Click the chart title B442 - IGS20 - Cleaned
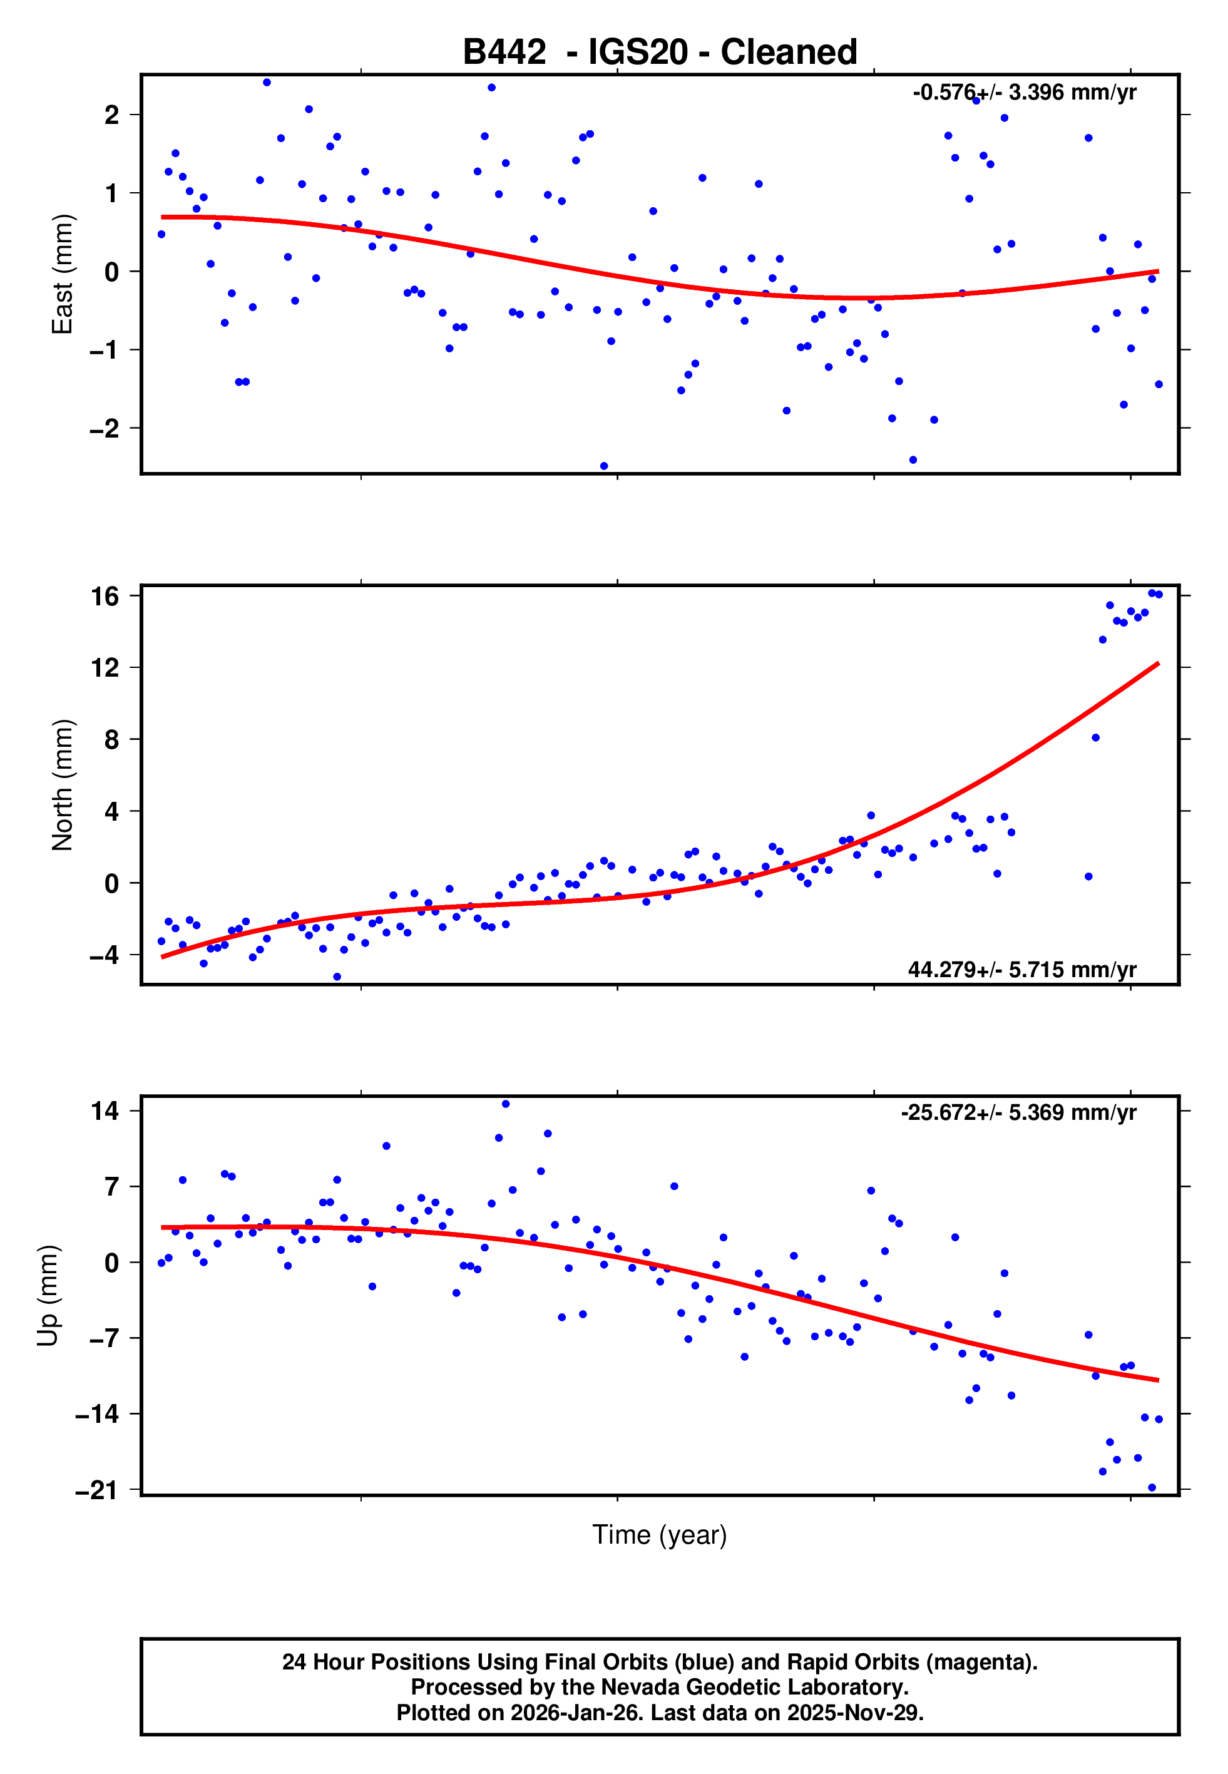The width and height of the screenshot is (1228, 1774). pos(660,53)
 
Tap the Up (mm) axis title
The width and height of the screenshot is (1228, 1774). pos(48,1296)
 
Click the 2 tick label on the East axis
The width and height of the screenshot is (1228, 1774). pos(112,115)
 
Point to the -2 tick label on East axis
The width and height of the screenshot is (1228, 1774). pos(105,429)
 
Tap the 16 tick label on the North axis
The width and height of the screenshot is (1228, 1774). pos(105,596)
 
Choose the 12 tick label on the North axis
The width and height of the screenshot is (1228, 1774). pos(105,668)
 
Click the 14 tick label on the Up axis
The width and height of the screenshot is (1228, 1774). pos(105,1111)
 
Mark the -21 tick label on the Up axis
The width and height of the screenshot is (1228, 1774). pos(97,1490)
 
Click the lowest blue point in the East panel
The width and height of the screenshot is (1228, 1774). pos(604,466)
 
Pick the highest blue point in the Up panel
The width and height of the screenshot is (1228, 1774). pos(506,1104)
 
